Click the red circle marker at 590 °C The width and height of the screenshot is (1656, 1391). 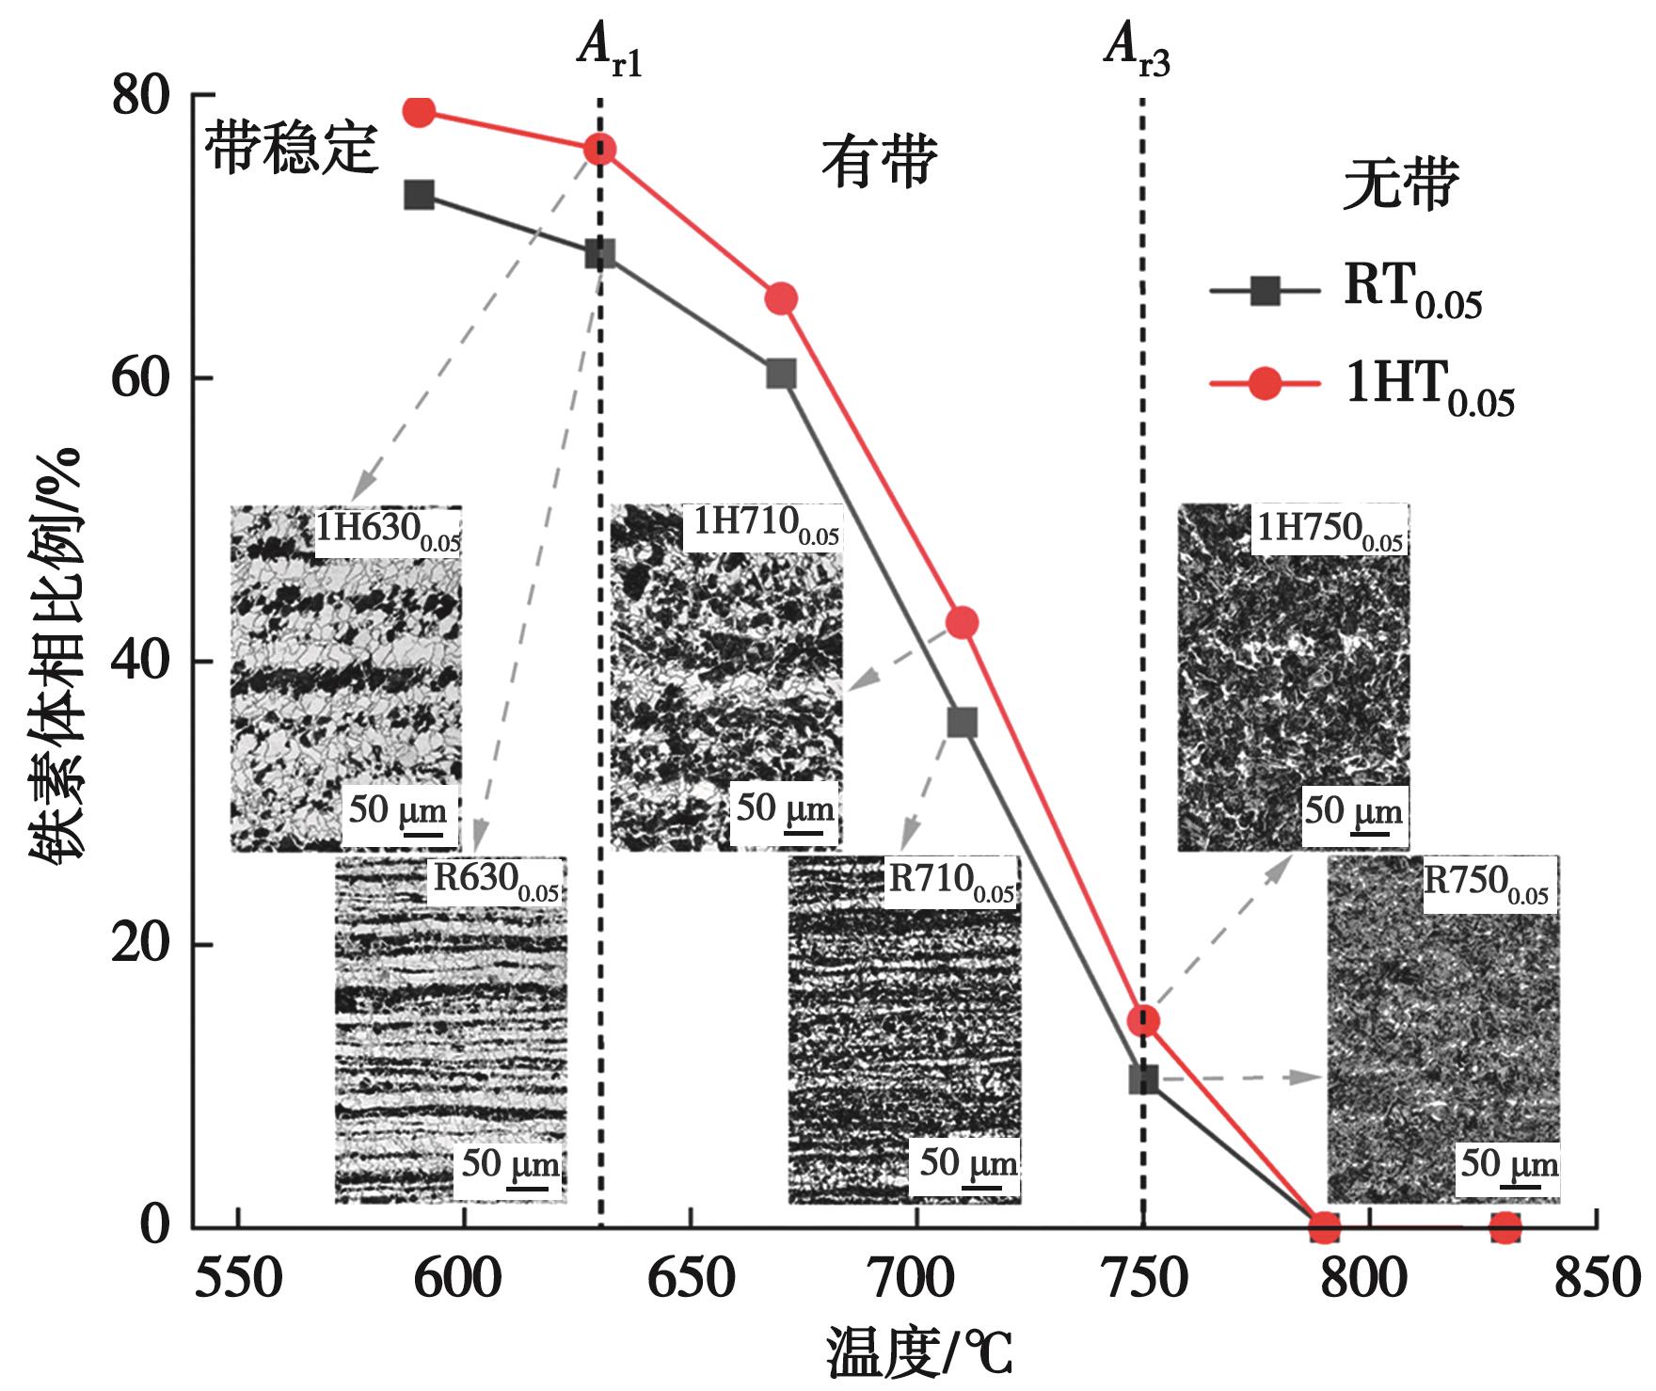point(420,112)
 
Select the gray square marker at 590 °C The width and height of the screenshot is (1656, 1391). point(420,196)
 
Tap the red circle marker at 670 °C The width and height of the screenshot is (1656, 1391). point(781,299)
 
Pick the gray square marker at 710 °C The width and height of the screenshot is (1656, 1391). point(962,723)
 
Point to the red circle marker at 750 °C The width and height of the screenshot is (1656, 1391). point(1143,1020)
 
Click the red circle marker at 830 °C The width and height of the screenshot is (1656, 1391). point(1505,1227)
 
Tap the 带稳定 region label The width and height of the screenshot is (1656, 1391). point(291,148)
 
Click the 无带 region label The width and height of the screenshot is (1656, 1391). point(1400,184)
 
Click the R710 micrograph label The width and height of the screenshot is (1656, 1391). point(951,883)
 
